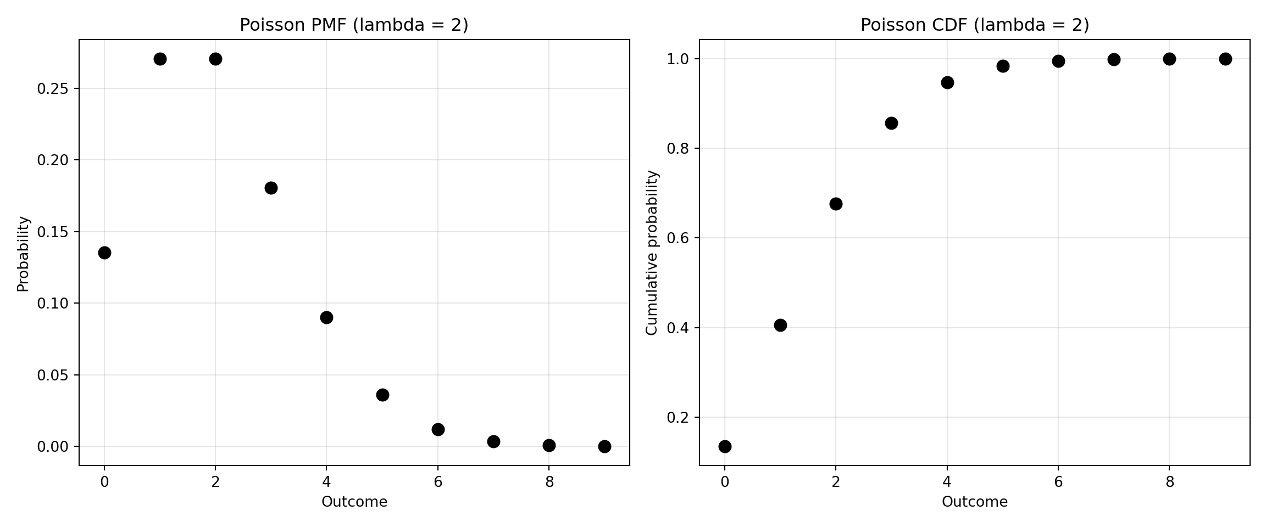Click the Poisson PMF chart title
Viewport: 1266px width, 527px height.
coord(354,25)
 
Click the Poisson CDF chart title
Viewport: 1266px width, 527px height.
coord(974,25)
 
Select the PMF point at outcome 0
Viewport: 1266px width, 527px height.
coord(104,253)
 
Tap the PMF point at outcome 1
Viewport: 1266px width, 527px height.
coord(160,59)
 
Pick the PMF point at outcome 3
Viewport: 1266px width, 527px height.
coord(271,188)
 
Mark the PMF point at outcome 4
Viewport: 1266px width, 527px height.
coord(326,317)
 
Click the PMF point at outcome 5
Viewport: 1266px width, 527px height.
coord(382,395)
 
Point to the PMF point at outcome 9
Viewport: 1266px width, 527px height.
coord(604,446)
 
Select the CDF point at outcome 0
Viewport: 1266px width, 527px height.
coord(725,446)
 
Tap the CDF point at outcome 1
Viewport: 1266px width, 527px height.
coord(780,325)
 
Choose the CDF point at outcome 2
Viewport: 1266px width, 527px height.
coord(836,204)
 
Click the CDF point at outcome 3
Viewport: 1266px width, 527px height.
coord(891,123)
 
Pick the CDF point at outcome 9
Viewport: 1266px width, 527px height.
coord(1225,59)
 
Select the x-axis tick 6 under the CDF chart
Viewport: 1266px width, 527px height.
coord(1058,482)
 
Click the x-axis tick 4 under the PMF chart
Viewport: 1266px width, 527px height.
coord(326,482)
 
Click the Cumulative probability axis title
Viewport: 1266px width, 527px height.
coord(652,253)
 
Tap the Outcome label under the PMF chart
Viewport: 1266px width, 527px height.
coord(354,502)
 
